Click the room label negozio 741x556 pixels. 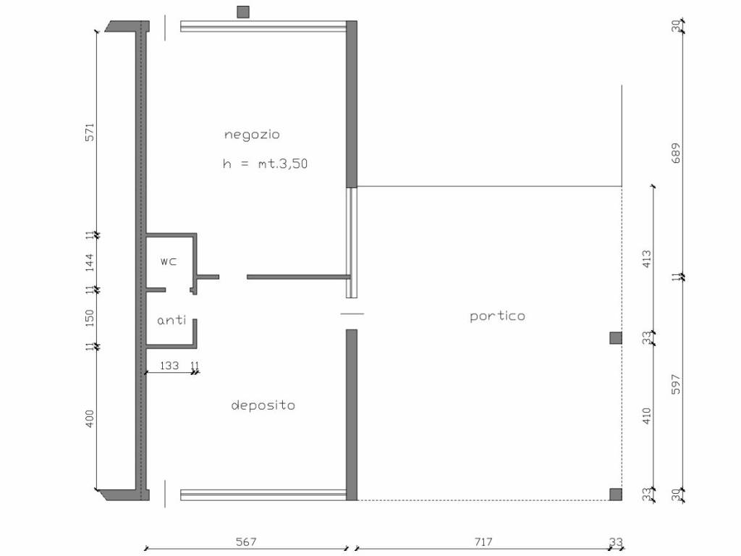(x=252, y=135)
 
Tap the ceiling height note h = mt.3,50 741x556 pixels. (x=265, y=164)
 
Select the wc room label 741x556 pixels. (x=169, y=261)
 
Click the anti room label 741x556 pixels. (x=172, y=320)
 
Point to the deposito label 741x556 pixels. (x=263, y=405)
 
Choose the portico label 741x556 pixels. (x=498, y=316)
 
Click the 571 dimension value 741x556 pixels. (x=90, y=132)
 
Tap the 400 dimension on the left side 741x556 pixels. (x=90, y=419)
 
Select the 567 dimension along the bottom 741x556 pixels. (x=246, y=542)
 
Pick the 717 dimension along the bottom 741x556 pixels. (x=483, y=542)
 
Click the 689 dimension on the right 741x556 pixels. (x=677, y=153)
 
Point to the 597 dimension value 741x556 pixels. (x=677, y=384)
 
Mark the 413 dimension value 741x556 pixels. (x=647, y=259)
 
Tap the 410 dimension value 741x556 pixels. (x=647, y=416)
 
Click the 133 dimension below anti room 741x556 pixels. (x=169, y=366)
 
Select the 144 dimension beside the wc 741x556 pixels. (x=90, y=263)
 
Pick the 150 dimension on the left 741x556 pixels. (x=90, y=319)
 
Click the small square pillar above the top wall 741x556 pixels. (x=243, y=12)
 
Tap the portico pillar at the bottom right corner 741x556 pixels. (x=615, y=494)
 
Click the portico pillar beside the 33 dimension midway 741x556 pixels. (x=615, y=338)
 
